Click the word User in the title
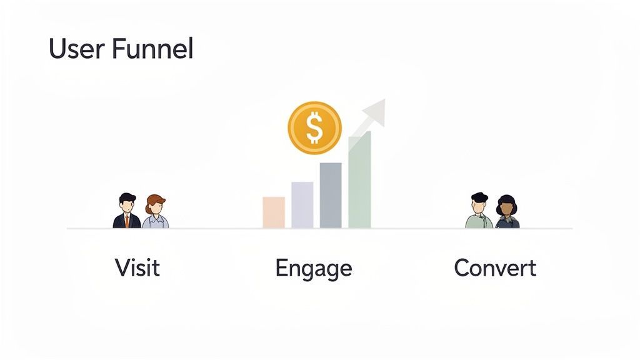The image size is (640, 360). click(x=75, y=49)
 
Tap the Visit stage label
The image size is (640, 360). click(x=137, y=267)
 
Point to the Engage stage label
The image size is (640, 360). click(x=313, y=269)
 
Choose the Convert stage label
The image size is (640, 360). click(x=495, y=267)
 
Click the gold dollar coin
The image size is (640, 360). click(x=314, y=128)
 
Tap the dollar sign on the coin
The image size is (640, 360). click(x=314, y=128)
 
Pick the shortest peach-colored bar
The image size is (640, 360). click(x=274, y=212)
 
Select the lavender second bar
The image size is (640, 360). click(x=302, y=205)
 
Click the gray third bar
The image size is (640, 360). click(x=331, y=196)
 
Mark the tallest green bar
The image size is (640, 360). click(x=359, y=181)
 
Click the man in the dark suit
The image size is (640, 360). click(x=127, y=212)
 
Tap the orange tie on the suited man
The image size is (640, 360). click(x=127, y=220)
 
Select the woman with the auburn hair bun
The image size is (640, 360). click(x=156, y=212)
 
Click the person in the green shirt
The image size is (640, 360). click(x=479, y=212)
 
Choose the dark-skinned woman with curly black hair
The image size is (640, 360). click(x=507, y=212)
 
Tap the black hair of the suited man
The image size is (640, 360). click(x=127, y=197)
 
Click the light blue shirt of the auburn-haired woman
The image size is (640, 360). click(x=156, y=222)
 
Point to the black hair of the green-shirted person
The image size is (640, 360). click(x=479, y=197)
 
